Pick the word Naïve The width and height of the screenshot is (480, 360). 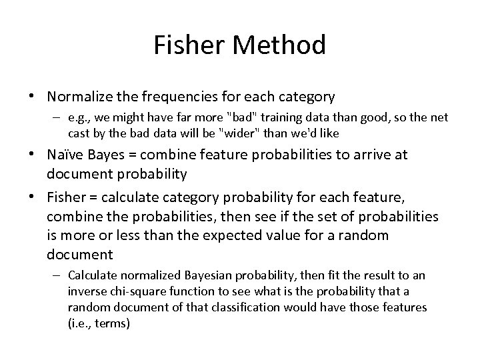coord(65,155)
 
